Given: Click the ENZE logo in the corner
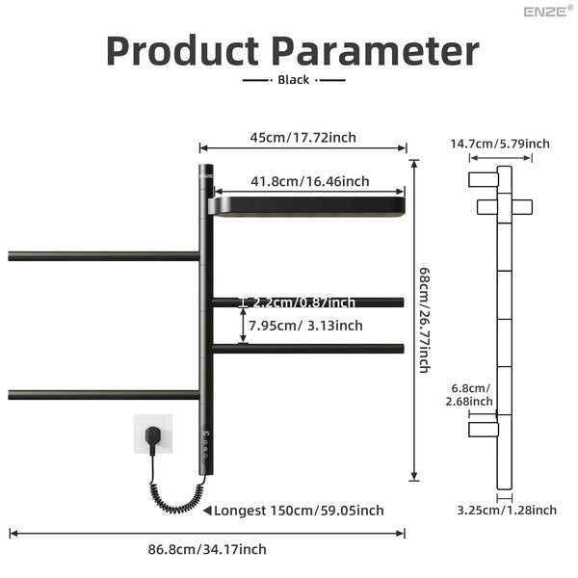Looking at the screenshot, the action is click(x=548, y=11).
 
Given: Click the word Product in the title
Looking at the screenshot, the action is click(x=183, y=51).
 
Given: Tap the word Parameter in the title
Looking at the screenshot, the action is click(x=376, y=51).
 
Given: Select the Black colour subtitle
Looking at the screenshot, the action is click(x=294, y=80).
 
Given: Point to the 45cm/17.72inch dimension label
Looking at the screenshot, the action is click(x=303, y=138).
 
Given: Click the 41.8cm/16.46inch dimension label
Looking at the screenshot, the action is click(x=309, y=181).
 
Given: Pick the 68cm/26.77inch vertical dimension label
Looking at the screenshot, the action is click(x=425, y=320).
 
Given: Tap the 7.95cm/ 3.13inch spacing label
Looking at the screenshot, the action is click(x=305, y=326).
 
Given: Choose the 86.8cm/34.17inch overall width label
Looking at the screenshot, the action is click(x=207, y=549).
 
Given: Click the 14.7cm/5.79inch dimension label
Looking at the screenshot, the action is click(x=500, y=144).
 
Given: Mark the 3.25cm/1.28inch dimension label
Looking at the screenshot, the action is click(x=507, y=511).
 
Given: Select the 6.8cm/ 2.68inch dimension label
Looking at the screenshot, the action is click(x=469, y=395).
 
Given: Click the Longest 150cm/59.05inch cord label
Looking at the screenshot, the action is click(x=299, y=511).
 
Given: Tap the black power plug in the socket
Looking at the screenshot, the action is click(x=152, y=437).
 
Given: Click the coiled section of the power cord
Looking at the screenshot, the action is click(x=176, y=498).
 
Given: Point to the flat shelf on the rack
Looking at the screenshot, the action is click(x=306, y=206).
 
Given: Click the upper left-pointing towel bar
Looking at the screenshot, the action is click(x=104, y=256).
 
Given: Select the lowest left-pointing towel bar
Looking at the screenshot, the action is click(x=104, y=395).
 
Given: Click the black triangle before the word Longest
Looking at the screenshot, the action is click(x=207, y=511).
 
